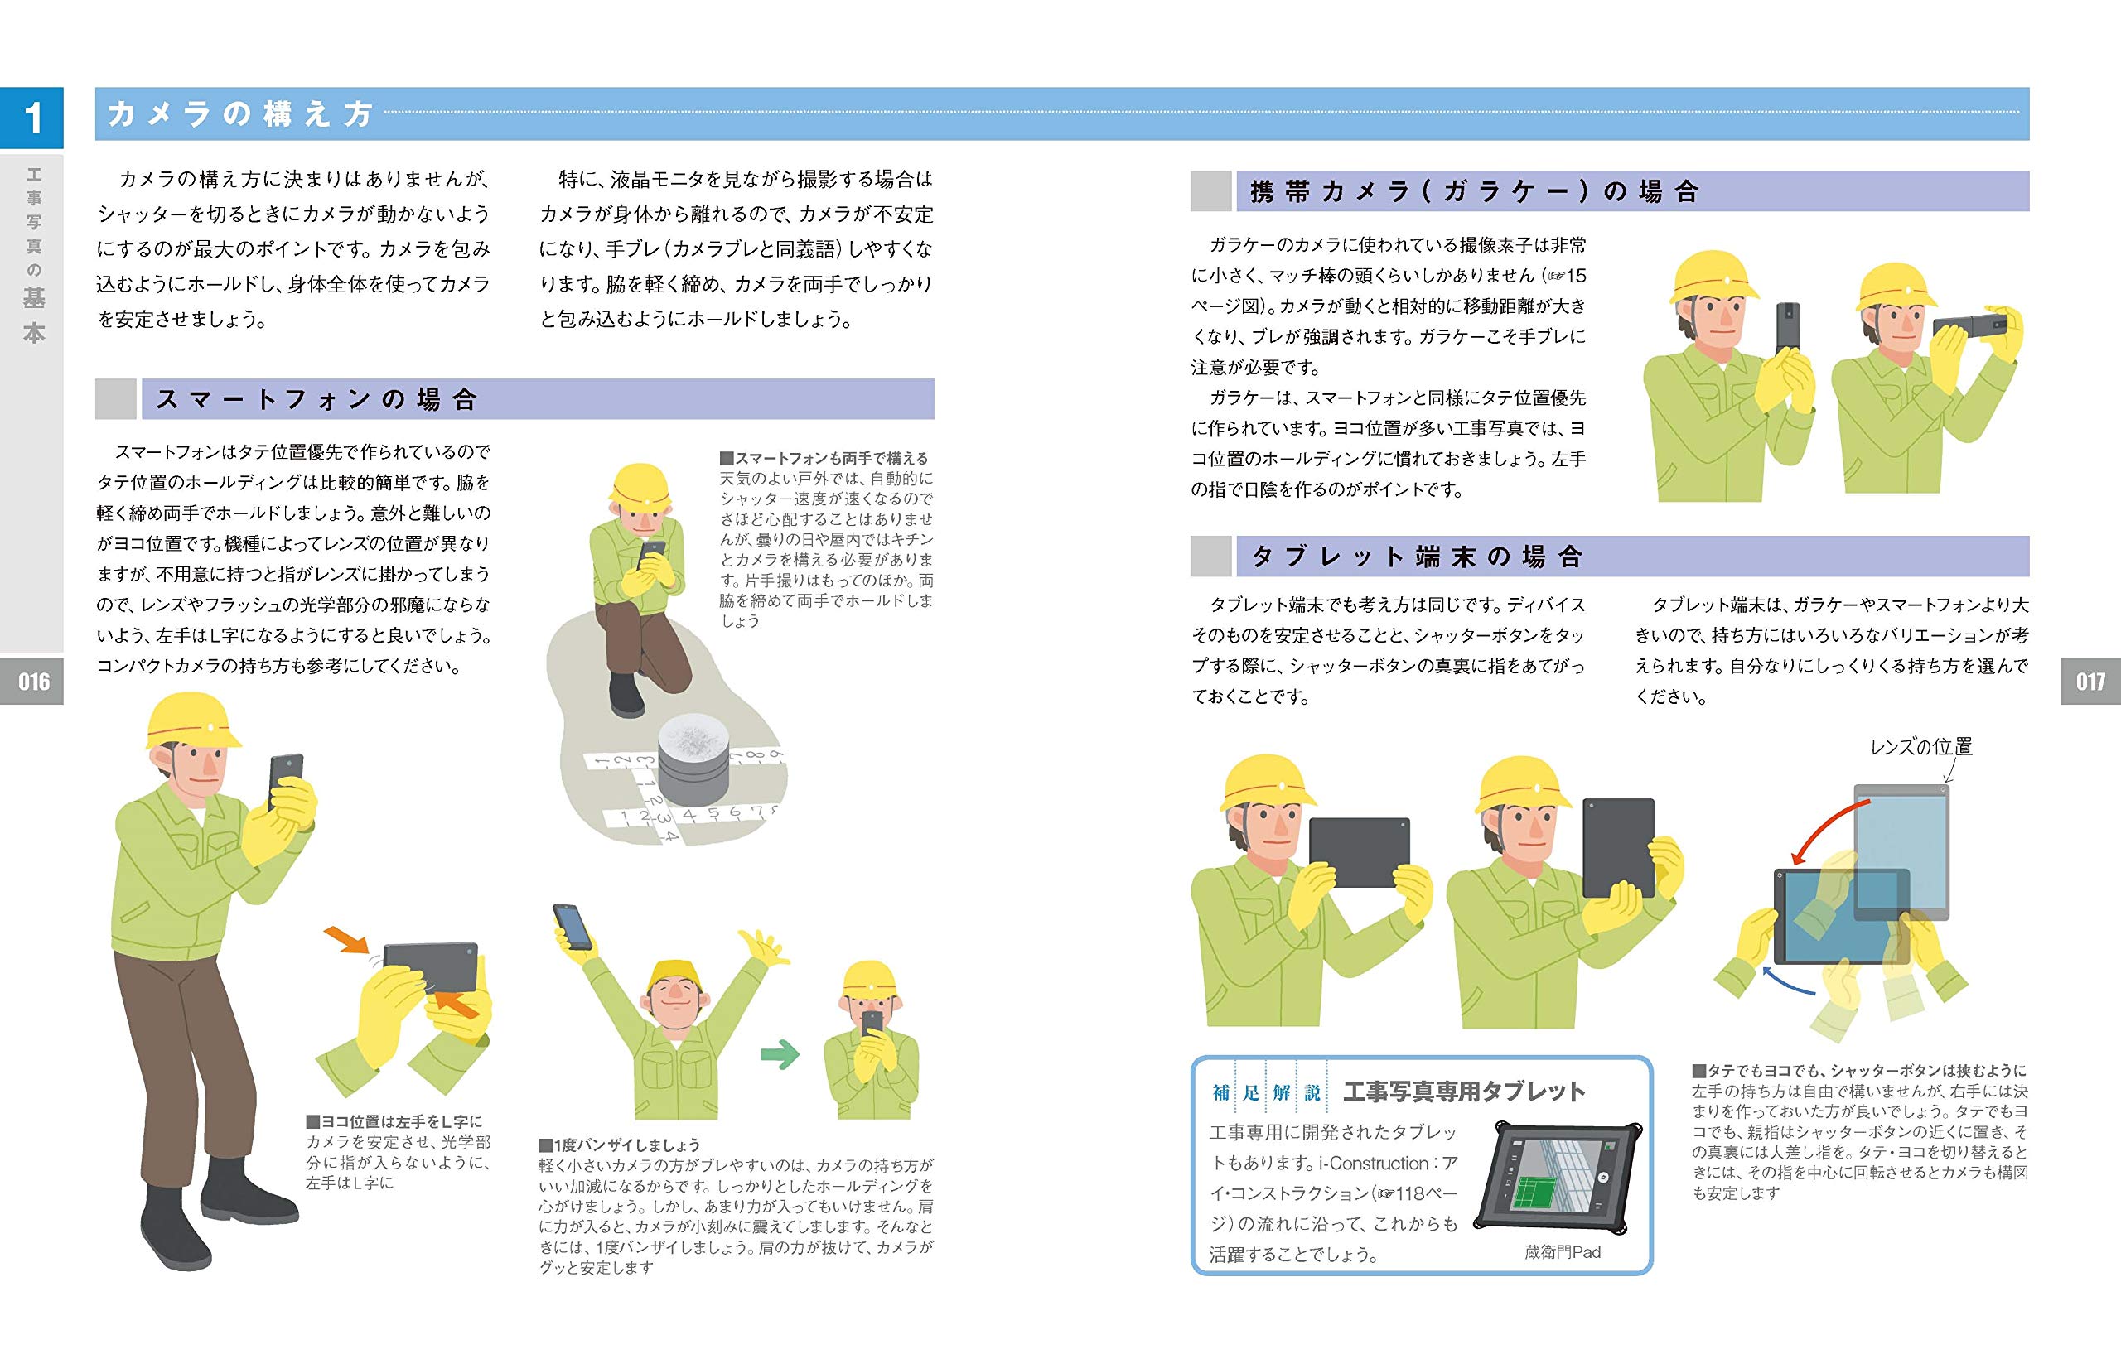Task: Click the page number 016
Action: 32,682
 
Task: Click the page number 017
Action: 2090,682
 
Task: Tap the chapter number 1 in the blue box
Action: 32,118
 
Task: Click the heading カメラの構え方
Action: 240,113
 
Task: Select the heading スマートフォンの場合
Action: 316,400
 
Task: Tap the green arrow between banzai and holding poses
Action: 780,1053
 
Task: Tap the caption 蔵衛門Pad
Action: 1562,1251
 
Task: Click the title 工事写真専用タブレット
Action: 1463,1092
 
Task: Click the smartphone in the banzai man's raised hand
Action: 572,925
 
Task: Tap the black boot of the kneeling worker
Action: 626,696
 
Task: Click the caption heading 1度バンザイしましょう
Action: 619,1145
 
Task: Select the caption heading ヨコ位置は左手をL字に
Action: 394,1121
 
